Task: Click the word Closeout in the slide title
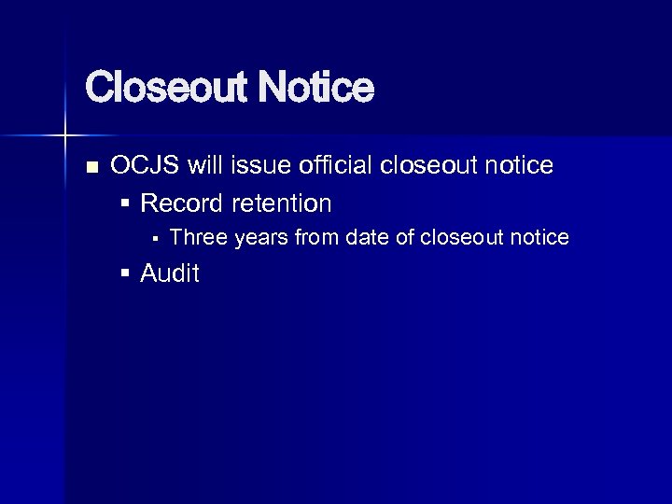click(165, 90)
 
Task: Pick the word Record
click(182, 203)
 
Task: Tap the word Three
click(199, 238)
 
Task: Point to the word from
click(317, 238)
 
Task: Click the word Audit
click(170, 273)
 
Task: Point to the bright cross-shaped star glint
click(64, 136)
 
